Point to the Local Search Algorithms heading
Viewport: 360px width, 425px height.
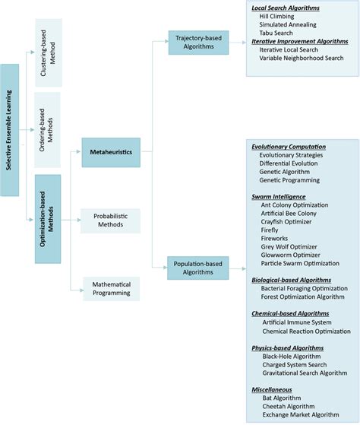tap(285, 8)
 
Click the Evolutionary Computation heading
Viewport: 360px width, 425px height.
tap(289, 147)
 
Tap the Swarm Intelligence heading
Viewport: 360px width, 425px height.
tap(279, 196)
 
